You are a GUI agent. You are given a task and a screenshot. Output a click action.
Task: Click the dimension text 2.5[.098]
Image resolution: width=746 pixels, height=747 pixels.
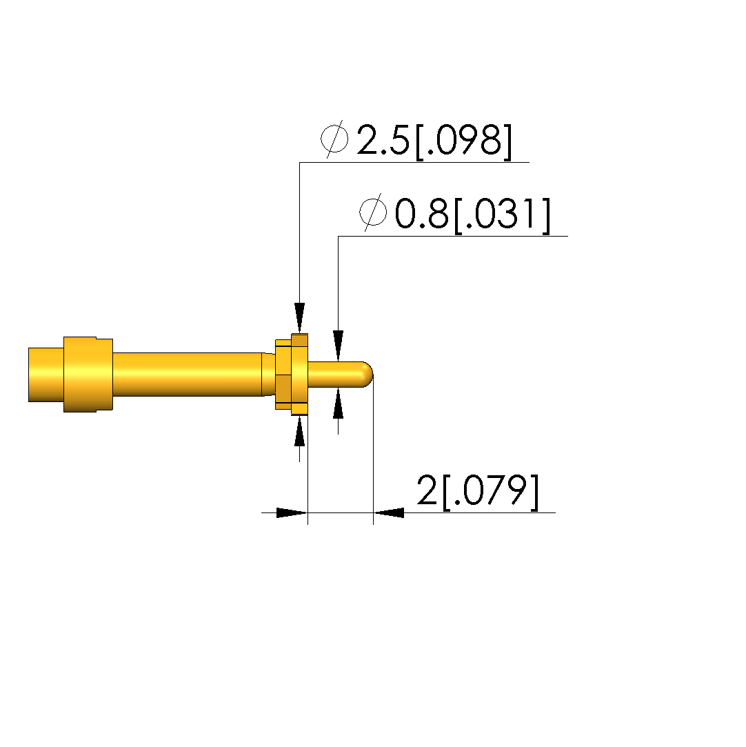[434, 141]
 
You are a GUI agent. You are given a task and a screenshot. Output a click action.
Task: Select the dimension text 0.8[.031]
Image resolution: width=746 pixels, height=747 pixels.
[473, 215]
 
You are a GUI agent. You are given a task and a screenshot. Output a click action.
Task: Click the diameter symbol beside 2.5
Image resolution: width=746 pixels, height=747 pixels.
[334, 139]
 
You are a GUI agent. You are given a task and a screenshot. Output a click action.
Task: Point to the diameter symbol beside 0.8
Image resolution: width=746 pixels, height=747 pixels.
[373, 212]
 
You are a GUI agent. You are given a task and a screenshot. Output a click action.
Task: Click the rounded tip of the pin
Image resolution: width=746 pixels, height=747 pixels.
[367, 375]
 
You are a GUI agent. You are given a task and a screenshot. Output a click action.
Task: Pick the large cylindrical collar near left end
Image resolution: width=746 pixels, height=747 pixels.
[88, 375]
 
